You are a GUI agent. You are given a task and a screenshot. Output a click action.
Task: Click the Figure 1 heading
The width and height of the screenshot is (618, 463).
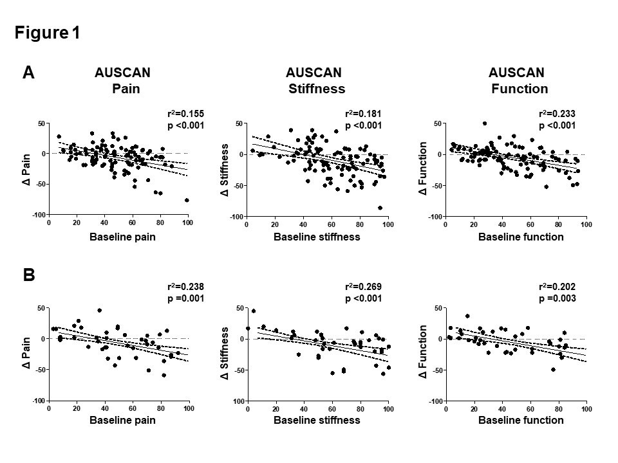pos(48,33)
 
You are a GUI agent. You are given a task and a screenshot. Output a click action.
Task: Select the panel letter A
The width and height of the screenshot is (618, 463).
pos(28,73)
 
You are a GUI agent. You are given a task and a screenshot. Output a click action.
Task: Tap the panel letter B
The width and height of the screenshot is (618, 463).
pos(28,275)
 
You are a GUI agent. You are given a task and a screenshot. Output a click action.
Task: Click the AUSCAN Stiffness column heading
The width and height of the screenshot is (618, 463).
pos(315,80)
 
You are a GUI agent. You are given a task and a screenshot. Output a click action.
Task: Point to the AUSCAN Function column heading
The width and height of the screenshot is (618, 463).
pos(518,80)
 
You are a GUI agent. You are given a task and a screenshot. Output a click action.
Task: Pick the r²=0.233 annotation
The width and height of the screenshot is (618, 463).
pos(557,114)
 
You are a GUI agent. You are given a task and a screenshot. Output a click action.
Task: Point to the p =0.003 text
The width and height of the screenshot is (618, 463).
pos(557,298)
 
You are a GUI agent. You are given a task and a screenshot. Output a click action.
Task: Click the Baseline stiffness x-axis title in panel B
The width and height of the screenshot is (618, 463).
pos(317,421)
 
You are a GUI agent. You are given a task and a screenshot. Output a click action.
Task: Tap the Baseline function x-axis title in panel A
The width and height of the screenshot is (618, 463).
pos(521,237)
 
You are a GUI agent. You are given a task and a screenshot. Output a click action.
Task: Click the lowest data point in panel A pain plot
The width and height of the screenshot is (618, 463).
pos(187,200)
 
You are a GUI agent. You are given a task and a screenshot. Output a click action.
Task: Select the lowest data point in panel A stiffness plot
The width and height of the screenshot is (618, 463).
pos(380,208)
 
